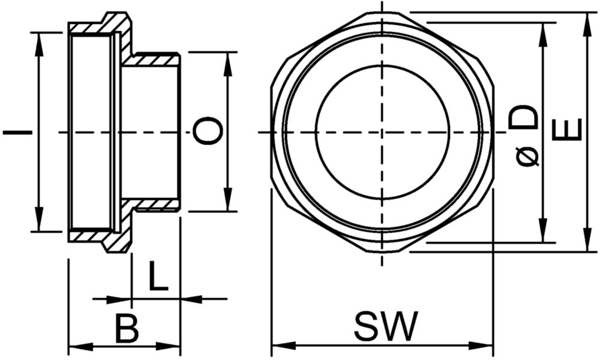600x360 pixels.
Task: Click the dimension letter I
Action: point(17,133)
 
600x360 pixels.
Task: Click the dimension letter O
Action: point(208,131)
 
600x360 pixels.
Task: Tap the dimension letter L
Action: point(158,276)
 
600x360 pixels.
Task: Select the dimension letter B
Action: point(127,328)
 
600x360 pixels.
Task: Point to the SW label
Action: point(386,326)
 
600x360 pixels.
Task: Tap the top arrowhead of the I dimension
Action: point(38,44)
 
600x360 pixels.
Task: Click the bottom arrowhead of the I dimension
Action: point(38,220)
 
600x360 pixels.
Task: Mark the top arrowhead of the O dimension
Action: point(228,63)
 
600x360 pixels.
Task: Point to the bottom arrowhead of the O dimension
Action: point(228,199)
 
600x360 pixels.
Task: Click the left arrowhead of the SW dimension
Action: point(283,346)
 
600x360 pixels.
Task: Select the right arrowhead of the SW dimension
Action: point(482,346)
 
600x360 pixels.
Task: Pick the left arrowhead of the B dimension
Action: point(80,347)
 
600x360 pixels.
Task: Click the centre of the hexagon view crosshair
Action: point(382,133)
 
